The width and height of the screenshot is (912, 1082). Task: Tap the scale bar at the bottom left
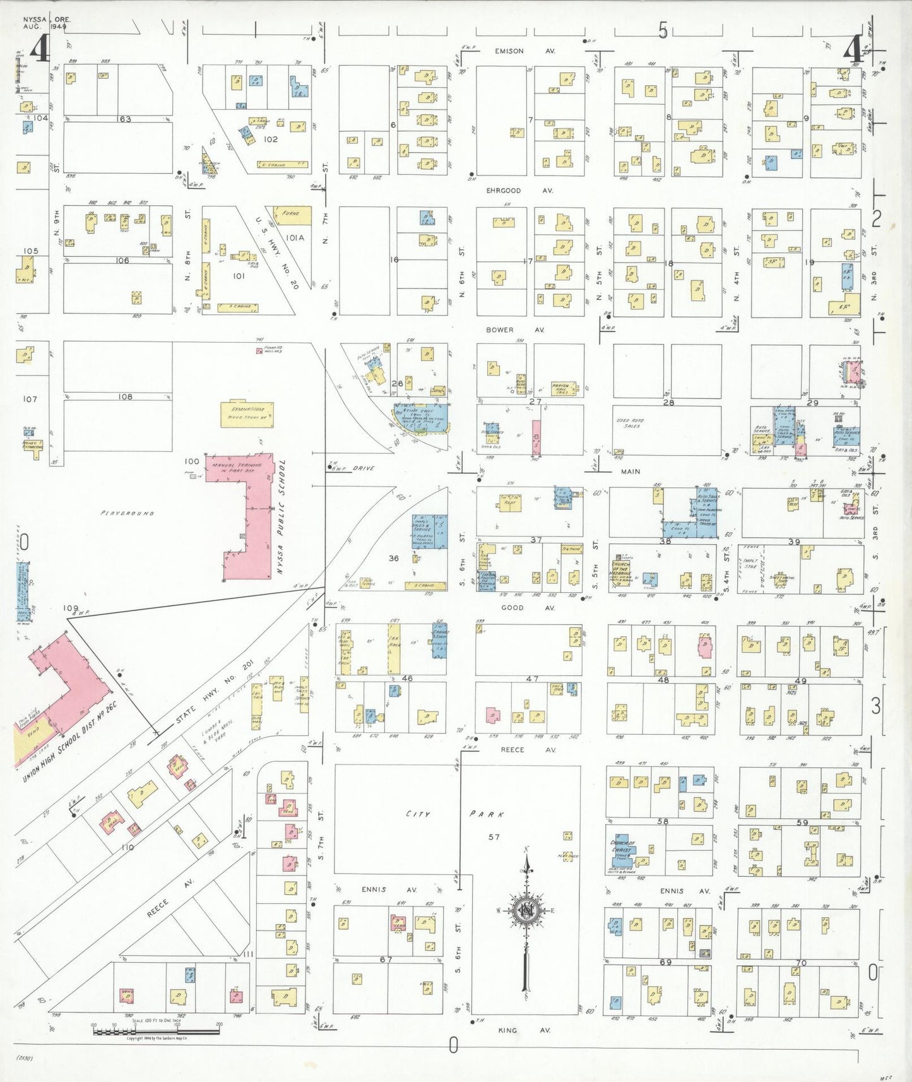156,1031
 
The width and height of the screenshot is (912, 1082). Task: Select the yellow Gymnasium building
247,414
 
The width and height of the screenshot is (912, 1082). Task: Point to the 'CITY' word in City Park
417,814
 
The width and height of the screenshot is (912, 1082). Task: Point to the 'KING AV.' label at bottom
516,1030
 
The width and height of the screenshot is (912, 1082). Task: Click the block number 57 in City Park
494,837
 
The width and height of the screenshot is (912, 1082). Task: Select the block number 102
271,139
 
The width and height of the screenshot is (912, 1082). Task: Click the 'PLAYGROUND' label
127,513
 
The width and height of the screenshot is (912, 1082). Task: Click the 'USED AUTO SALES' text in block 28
631,423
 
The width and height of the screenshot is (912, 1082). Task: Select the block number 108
125,396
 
